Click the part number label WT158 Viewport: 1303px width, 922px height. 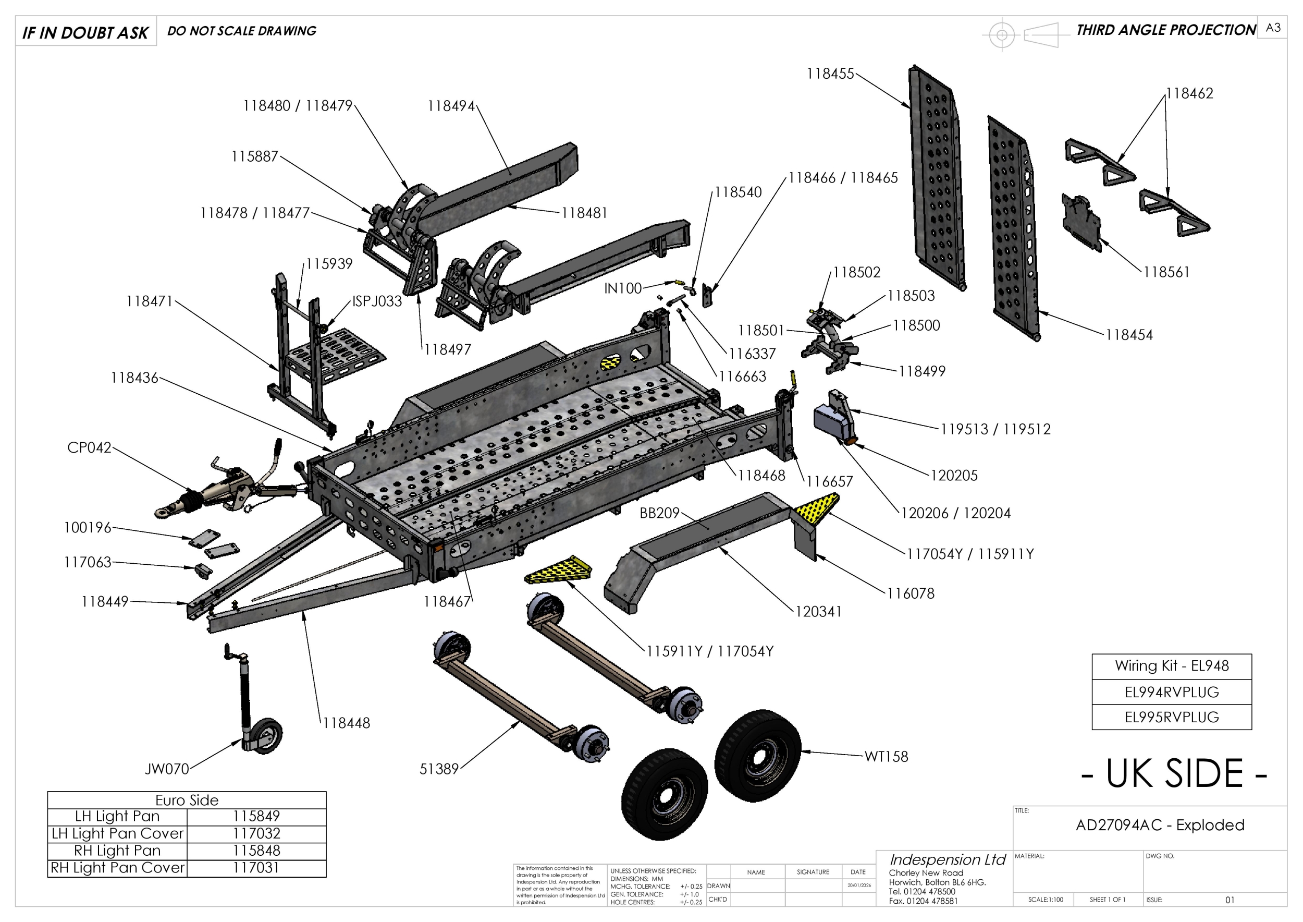coord(886,756)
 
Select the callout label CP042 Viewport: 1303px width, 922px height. coord(89,447)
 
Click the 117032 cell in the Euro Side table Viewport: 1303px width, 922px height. coord(256,833)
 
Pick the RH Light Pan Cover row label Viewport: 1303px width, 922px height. coord(117,867)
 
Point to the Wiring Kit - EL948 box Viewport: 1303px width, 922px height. coord(1171,665)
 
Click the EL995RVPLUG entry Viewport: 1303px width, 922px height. coord(1171,717)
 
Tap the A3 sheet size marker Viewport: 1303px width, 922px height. coord(1273,28)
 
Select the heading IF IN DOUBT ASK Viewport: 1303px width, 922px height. coord(85,32)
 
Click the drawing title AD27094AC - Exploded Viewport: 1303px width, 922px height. coord(1160,825)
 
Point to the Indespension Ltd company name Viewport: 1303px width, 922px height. coord(947,859)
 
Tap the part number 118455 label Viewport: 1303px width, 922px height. coord(830,74)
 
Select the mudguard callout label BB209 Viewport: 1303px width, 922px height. coord(659,513)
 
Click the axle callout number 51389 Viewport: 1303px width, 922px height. coord(439,769)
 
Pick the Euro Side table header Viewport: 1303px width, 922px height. coord(187,800)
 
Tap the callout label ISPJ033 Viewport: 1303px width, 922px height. coord(377,301)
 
